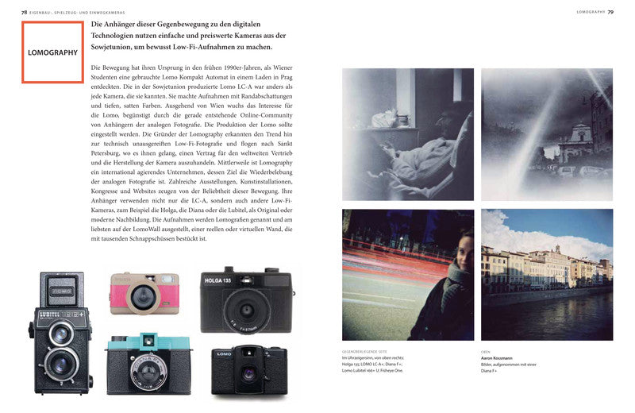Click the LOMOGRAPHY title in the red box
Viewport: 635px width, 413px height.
click(52, 52)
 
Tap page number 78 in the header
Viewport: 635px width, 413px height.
click(25, 12)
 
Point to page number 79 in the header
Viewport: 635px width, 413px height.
click(610, 12)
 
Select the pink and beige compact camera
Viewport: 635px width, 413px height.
click(144, 292)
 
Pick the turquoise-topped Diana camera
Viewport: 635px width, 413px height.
click(148, 363)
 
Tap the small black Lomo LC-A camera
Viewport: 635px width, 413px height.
click(248, 369)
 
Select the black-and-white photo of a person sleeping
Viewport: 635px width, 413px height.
click(407, 133)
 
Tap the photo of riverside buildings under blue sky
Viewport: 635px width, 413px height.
click(546, 274)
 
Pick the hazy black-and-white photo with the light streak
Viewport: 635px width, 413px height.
click(546, 133)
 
